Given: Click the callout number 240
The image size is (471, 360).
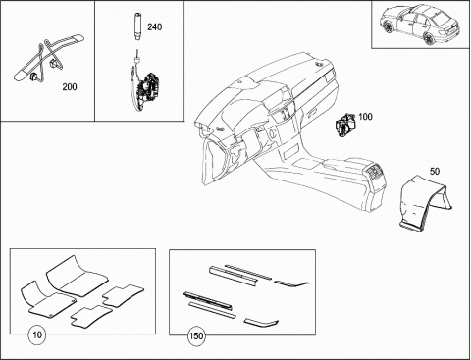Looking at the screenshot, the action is tap(154, 26).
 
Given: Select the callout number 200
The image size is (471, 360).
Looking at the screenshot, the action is tap(70, 87).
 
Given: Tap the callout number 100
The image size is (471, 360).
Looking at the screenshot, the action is tap(365, 117).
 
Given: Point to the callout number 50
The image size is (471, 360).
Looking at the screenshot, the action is tap(435, 171).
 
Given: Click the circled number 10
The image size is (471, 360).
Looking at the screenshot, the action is tap(37, 334).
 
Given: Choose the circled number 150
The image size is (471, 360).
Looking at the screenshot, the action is tap(196, 335).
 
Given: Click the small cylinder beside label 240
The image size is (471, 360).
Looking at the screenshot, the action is tap(137, 26).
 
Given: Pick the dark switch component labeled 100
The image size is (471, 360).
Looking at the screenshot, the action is tap(344, 125).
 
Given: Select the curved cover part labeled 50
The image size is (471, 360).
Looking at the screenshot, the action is tap(425, 204).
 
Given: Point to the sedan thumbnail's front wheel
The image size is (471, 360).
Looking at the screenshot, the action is tap(389, 26).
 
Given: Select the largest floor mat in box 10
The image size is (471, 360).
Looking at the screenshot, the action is tap(78, 276).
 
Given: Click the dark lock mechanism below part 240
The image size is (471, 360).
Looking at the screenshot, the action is tap(148, 87).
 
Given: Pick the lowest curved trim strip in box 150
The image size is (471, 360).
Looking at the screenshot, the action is tap(261, 323).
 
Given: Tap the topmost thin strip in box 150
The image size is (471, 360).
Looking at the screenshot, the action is tap(248, 272).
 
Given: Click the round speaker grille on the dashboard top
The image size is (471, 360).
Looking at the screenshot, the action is tap(318, 65).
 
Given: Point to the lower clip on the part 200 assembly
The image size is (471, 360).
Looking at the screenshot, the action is tap(33, 77).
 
